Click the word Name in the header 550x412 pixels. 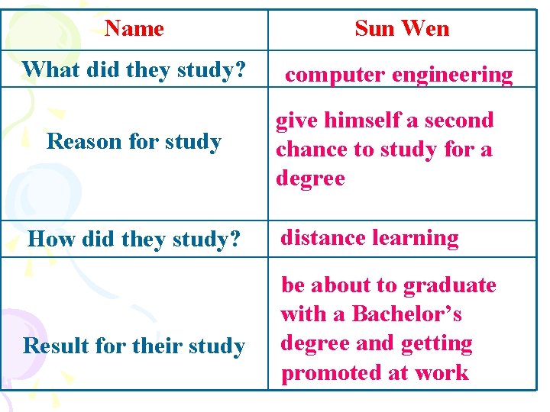click(x=134, y=29)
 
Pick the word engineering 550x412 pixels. click(x=452, y=76)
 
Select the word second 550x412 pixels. click(x=458, y=121)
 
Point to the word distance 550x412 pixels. click(x=322, y=238)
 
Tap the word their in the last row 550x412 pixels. click(x=160, y=346)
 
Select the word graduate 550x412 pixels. click(x=449, y=285)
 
